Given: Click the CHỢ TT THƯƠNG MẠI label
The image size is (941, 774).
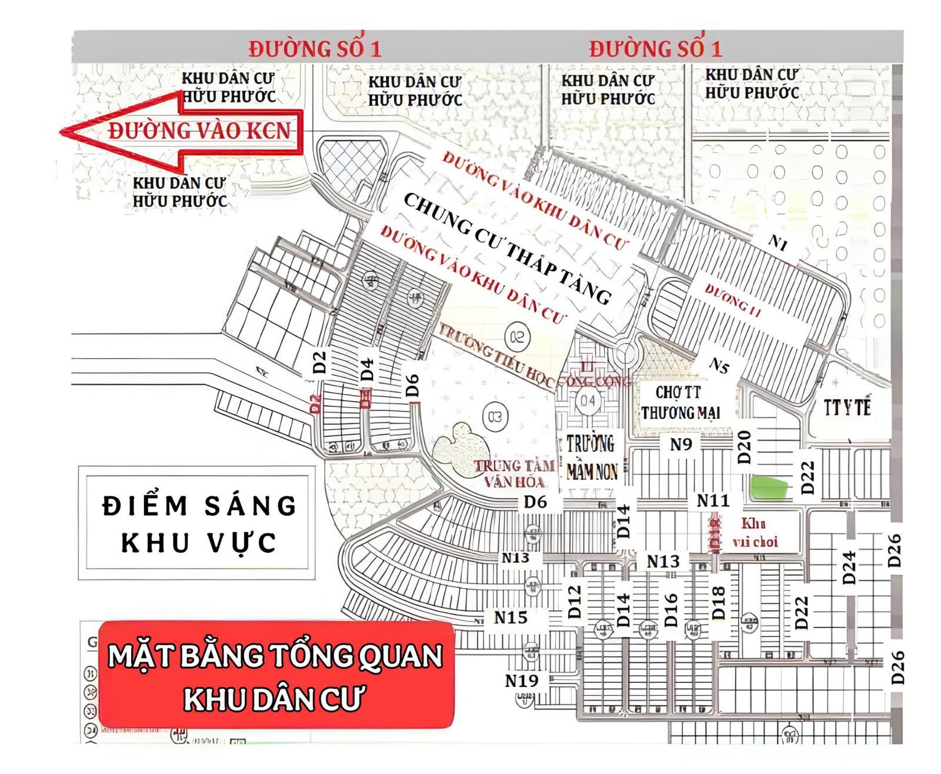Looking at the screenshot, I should pos(680,403).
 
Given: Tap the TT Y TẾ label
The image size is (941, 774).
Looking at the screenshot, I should pos(847,408).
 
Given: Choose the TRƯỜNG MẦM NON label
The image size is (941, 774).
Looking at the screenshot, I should pos(591,458).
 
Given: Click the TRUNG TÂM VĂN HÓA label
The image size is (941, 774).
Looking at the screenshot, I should pos(515,474).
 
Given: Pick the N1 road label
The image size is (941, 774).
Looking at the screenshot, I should pos(778,242).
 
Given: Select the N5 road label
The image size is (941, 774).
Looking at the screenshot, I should pos(719,365).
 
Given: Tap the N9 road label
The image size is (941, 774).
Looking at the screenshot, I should pos(681,445).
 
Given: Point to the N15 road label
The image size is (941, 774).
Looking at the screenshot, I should pos(510,618).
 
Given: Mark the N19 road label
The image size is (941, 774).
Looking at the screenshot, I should pos(521,681).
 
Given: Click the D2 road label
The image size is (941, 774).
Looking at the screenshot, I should pos(319,362).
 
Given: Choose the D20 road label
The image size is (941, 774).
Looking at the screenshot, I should pos(744,447).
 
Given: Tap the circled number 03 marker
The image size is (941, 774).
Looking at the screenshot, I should pos(494,416).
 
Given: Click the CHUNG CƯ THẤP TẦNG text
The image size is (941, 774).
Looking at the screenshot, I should pos(507,249).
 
